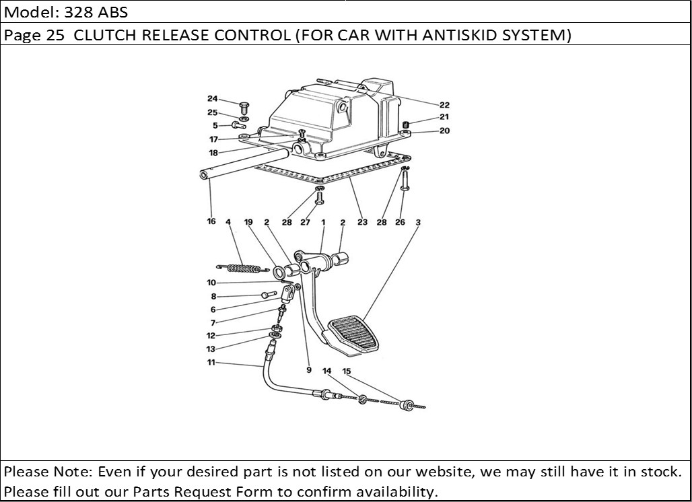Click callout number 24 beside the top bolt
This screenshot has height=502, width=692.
coord(212,100)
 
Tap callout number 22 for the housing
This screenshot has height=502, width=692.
coord(444,105)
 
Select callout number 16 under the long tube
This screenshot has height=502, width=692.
coord(211,221)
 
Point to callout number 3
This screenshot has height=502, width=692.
coord(418,221)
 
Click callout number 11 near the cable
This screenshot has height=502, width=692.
coord(211,363)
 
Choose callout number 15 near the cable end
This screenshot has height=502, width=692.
coord(347,371)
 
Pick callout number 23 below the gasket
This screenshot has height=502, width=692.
coord(362,222)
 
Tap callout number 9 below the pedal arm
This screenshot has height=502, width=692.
coord(309,369)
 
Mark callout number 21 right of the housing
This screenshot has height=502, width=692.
coord(444,117)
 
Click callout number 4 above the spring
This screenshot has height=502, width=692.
coord(228,221)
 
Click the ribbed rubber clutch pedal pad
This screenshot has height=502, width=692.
coord(354,333)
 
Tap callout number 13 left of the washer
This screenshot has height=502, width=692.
coord(211,349)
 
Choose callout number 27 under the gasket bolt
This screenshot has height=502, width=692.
coord(305,222)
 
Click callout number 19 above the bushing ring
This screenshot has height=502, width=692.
coord(248,221)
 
